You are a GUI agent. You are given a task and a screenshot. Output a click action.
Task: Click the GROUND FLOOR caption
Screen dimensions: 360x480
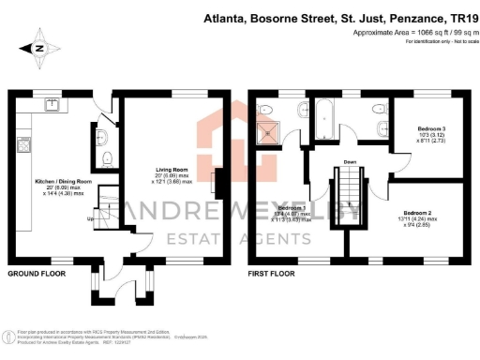click(36, 274)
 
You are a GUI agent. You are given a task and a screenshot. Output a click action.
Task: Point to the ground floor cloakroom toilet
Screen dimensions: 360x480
click(104, 157)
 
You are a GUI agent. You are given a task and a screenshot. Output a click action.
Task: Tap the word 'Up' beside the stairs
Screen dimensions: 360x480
click(89, 220)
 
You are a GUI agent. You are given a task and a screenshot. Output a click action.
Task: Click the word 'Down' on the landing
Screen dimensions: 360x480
click(350, 161)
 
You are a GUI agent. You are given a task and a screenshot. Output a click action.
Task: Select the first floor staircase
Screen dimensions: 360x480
click(338, 198)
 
